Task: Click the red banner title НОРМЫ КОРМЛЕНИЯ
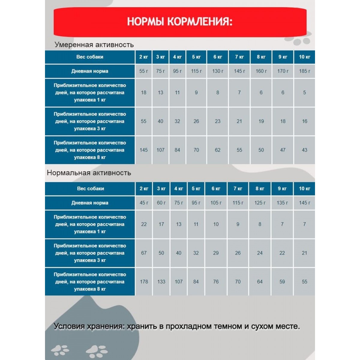tap(180, 22)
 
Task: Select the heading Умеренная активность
tap(94, 45)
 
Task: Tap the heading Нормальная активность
tap(89, 173)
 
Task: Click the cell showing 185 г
tap(304, 71)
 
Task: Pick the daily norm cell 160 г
tap(261, 71)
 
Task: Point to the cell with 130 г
tap(217, 71)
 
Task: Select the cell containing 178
tap(144, 282)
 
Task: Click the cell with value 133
tap(161, 282)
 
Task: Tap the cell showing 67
tap(144, 253)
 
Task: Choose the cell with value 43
tap(304, 150)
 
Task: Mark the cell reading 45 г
tap(144, 203)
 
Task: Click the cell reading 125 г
tap(260, 203)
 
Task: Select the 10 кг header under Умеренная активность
tap(304, 57)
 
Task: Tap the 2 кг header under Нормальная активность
tap(144, 189)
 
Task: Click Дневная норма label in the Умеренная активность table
tap(90, 71)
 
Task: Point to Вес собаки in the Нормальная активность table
tap(90, 189)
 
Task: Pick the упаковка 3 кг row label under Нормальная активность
tap(90, 253)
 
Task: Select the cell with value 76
tap(216, 282)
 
